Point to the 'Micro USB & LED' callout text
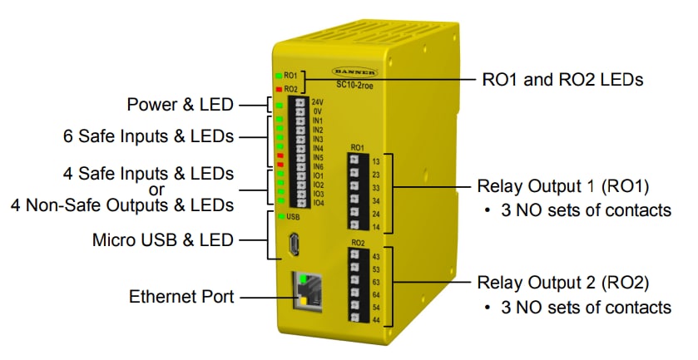[163, 241]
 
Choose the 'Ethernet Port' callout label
[181, 296]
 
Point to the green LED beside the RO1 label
[279, 76]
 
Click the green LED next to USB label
[282, 216]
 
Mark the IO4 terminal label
[318, 203]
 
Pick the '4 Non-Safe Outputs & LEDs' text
[122, 204]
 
